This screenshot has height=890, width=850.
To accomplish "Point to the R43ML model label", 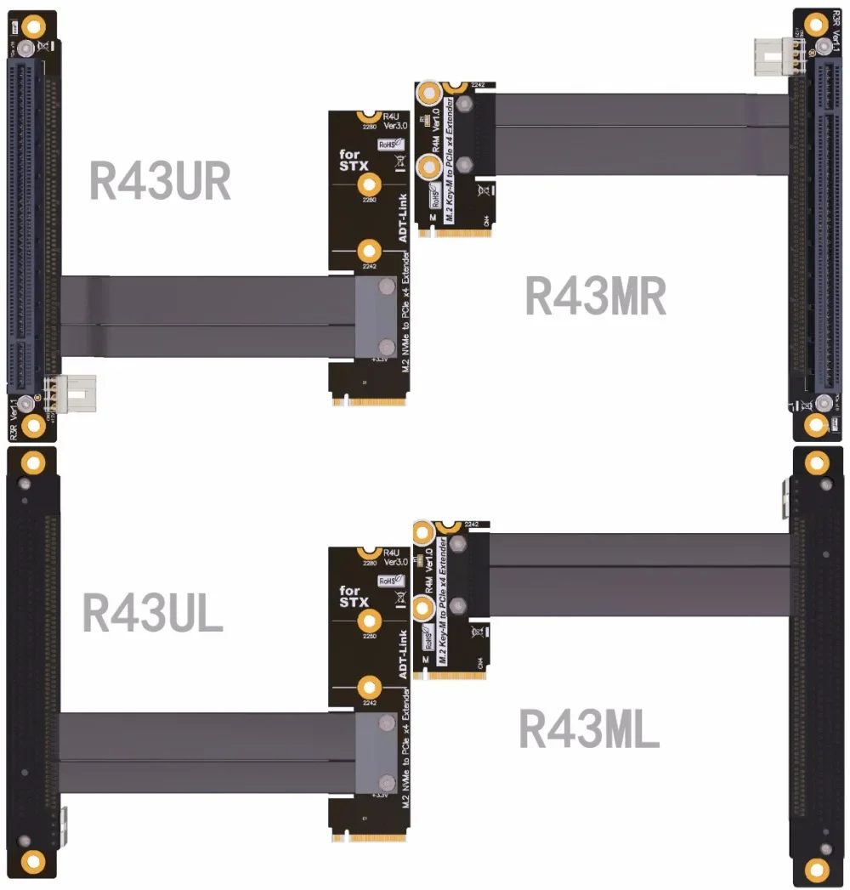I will (589, 729).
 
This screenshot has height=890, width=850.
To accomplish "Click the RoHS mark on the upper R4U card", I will (390, 145).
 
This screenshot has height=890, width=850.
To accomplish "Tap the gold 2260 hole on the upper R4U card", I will (369, 184).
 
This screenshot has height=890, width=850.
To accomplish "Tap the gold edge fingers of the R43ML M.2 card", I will (459, 673).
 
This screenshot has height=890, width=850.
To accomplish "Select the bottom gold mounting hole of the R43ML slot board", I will (817, 869).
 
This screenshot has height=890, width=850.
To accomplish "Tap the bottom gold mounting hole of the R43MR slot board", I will (817, 424).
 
